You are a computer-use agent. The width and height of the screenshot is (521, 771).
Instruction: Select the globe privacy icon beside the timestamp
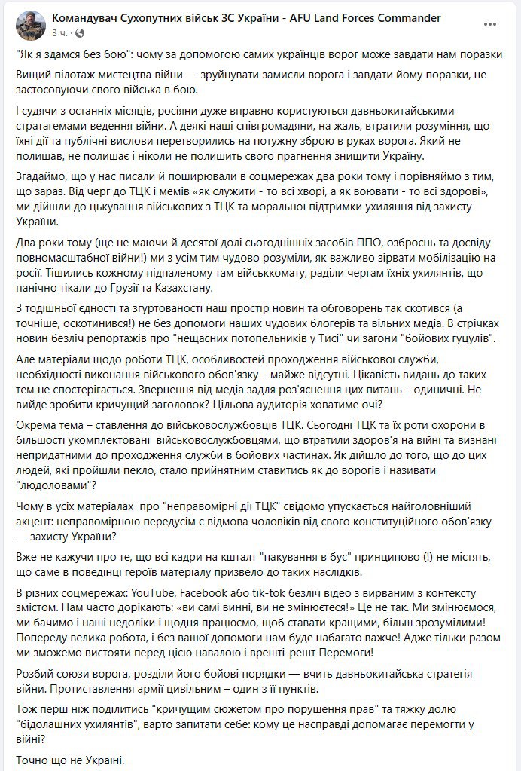coord(81,34)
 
